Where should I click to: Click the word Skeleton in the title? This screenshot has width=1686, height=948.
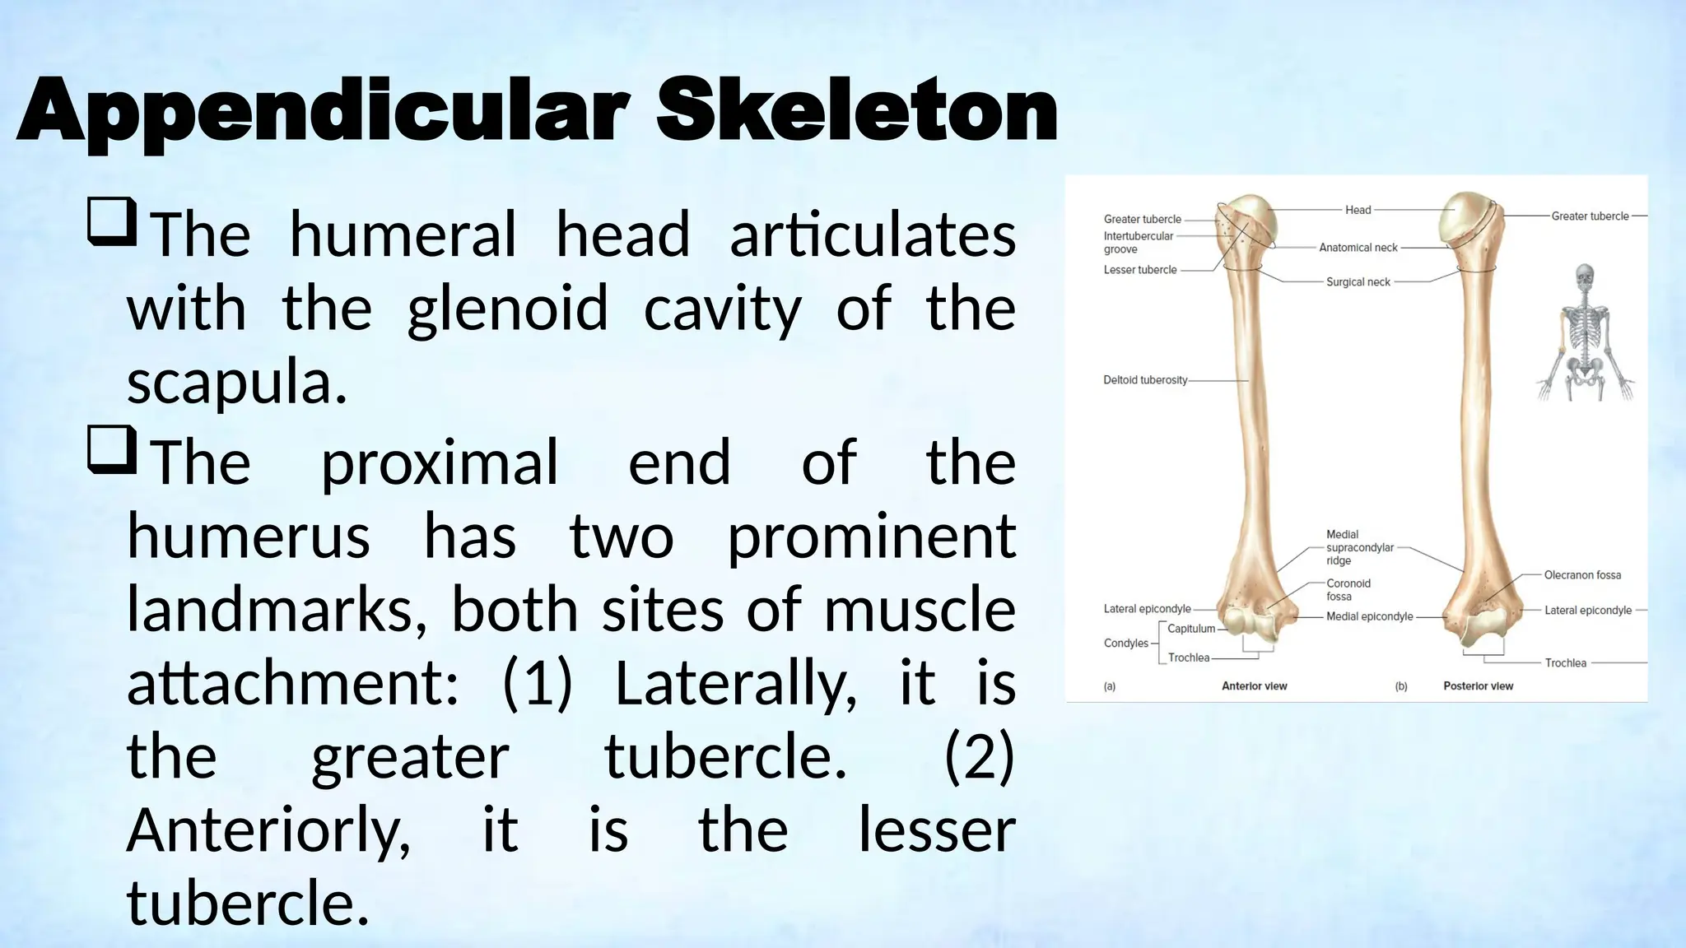856,111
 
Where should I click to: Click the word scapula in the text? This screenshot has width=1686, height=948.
236,383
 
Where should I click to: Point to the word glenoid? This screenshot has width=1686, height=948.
507,309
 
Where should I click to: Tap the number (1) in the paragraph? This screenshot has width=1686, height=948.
537,683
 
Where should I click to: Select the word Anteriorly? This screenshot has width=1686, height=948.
268,830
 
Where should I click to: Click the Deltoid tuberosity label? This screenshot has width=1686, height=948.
1145,380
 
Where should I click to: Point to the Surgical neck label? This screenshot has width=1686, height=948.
1358,282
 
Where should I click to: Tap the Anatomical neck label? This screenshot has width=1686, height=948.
1358,248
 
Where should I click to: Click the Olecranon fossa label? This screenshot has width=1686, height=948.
1582,575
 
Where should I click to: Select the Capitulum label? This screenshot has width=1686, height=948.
1191,629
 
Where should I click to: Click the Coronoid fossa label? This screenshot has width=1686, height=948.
1348,589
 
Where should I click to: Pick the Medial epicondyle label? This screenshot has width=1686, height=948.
1369,616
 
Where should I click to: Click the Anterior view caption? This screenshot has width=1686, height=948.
1254,686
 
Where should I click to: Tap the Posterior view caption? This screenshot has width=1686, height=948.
1478,686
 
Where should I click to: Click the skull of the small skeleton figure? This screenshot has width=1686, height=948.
1584,276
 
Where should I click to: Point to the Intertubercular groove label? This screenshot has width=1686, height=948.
1138,242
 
